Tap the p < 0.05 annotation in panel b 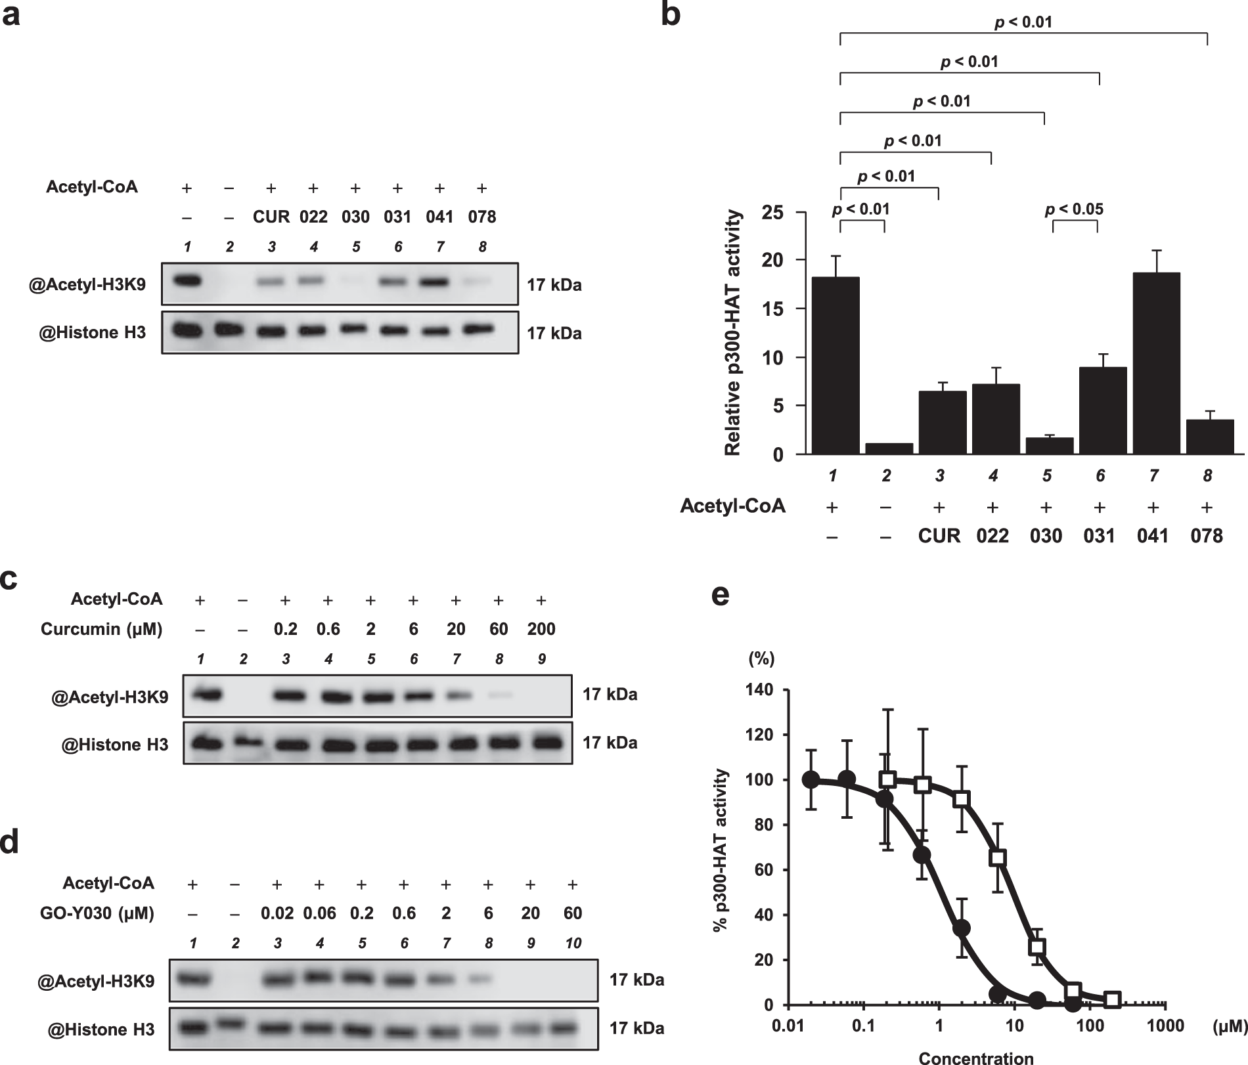[1075, 209]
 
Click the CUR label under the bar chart [939, 536]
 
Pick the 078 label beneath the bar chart [1207, 536]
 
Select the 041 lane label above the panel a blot [439, 217]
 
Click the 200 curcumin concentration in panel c [541, 629]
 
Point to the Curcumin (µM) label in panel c [101, 629]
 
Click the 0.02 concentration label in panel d [277, 913]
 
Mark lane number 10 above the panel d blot [573, 943]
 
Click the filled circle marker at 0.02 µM [812, 779]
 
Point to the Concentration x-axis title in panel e [976, 1057]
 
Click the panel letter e [721, 596]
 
